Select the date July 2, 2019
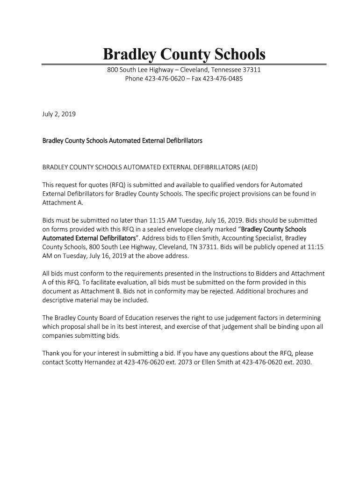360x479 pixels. [59, 114]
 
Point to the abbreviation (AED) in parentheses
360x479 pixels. [249, 167]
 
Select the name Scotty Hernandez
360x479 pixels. [93, 363]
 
